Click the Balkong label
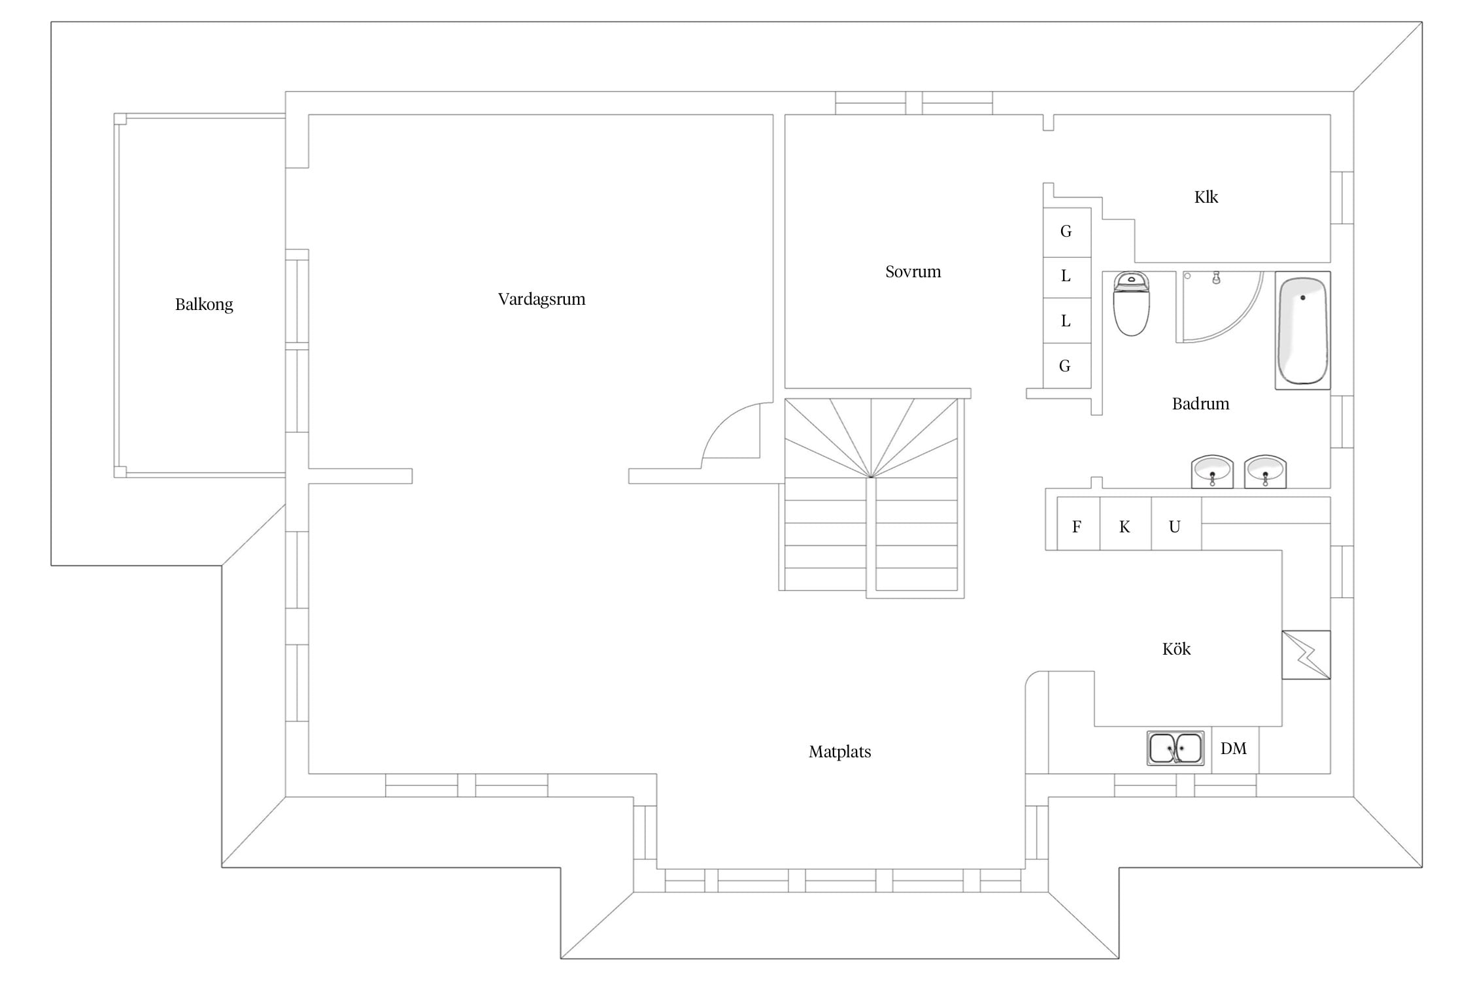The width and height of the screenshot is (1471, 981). pyautogui.click(x=204, y=305)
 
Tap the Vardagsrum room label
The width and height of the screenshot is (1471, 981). pyautogui.click(x=541, y=300)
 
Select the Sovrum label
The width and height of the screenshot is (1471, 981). pyautogui.click(x=913, y=271)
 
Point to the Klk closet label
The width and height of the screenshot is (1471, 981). pyautogui.click(x=1206, y=197)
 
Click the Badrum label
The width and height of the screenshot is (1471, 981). pyautogui.click(x=1200, y=404)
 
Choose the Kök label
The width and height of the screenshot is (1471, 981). pyautogui.click(x=1176, y=649)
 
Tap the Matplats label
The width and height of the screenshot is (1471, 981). pyautogui.click(x=839, y=752)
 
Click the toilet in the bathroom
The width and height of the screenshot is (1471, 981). pyautogui.click(x=1131, y=304)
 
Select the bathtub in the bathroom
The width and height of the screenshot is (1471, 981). pyautogui.click(x=1302, y=330)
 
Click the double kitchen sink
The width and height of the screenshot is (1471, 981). pyautogui.click(x=1175, y=748)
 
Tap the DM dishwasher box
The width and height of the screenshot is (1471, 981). pyautogui.click(x=1235, y=749)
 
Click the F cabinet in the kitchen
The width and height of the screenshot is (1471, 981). pyautogui.click(x=1079, y=524)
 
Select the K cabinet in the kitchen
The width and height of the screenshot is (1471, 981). pyautogui.click(x=1125, y=524)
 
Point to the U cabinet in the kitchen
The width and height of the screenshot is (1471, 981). pyautogui.click(x=1176, y=524)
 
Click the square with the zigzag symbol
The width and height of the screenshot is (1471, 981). pyautogui.click(x=1306, y=655)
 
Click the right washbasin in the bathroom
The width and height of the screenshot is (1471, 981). pyautogui.click(x=1265, y=472)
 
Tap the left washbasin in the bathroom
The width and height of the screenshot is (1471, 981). pyautogui.click(x=1212, y=472)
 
